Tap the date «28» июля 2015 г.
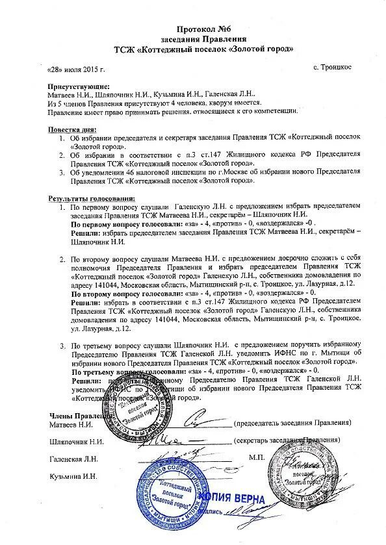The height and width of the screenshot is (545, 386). click(76, 68)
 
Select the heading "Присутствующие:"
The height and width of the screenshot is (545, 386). click(79, 86)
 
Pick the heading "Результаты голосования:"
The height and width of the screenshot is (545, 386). click(92, 198)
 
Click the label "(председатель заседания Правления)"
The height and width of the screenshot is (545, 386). click(293, 422)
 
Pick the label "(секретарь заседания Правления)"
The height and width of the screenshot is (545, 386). click(289, 440)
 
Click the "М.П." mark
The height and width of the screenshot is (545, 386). click(254, 458)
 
